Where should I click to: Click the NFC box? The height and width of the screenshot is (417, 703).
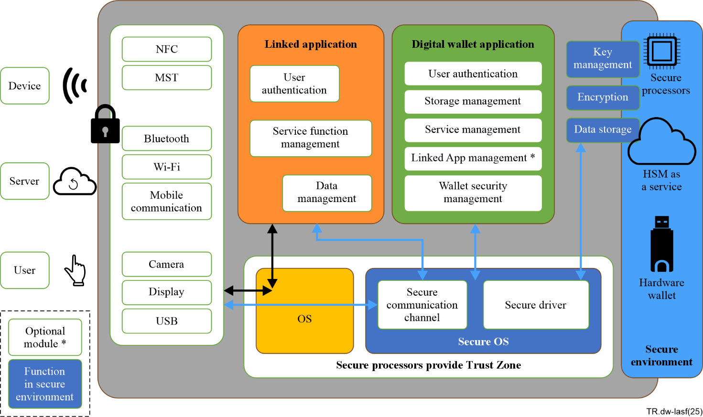coord(167,49)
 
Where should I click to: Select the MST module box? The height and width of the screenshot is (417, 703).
coord(167,78)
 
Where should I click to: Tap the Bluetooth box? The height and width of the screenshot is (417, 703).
coord(167,139)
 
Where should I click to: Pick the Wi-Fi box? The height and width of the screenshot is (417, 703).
coord(167,167)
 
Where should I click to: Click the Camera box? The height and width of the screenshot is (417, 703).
coord(167,264)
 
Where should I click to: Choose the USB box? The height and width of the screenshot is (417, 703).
coord(167,321)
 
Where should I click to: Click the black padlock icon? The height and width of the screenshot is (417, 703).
coord(106,125)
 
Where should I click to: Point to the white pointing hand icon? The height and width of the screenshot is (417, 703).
coord(76,271)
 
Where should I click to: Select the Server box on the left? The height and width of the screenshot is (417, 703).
coord(25,181)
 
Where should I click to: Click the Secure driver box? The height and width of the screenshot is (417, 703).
coord(536,305)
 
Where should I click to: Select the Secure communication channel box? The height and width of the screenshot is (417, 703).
coord(422,305)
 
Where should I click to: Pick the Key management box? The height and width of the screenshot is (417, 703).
coord(603,59)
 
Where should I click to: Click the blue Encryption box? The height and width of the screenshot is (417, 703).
coord(603,97)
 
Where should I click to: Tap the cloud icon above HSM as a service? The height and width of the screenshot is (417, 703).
coord(661,142)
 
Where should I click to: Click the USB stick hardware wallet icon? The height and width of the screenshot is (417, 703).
coord(662,244)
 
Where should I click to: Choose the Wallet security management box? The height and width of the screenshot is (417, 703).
coord(473,192)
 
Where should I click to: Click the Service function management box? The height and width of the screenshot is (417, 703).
coord(311,138)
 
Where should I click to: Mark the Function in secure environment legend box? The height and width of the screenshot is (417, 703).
coord(45,384)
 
